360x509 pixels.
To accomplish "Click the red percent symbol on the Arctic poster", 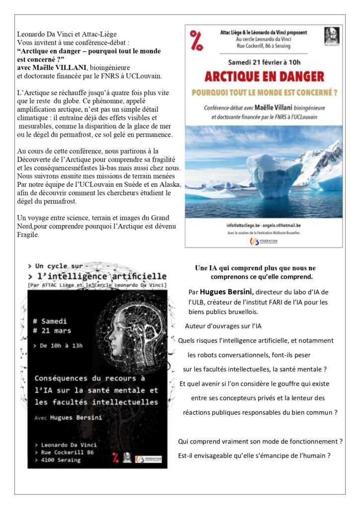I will click(x=196, y=40).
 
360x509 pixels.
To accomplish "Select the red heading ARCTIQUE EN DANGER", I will click(x=264, y=77).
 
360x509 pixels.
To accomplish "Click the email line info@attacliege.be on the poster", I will click(x=264, y=225).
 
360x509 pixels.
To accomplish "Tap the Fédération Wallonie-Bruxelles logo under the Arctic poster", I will click(x=264, y=241).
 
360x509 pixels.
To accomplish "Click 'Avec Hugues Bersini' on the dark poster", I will click(x=68, y=418).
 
